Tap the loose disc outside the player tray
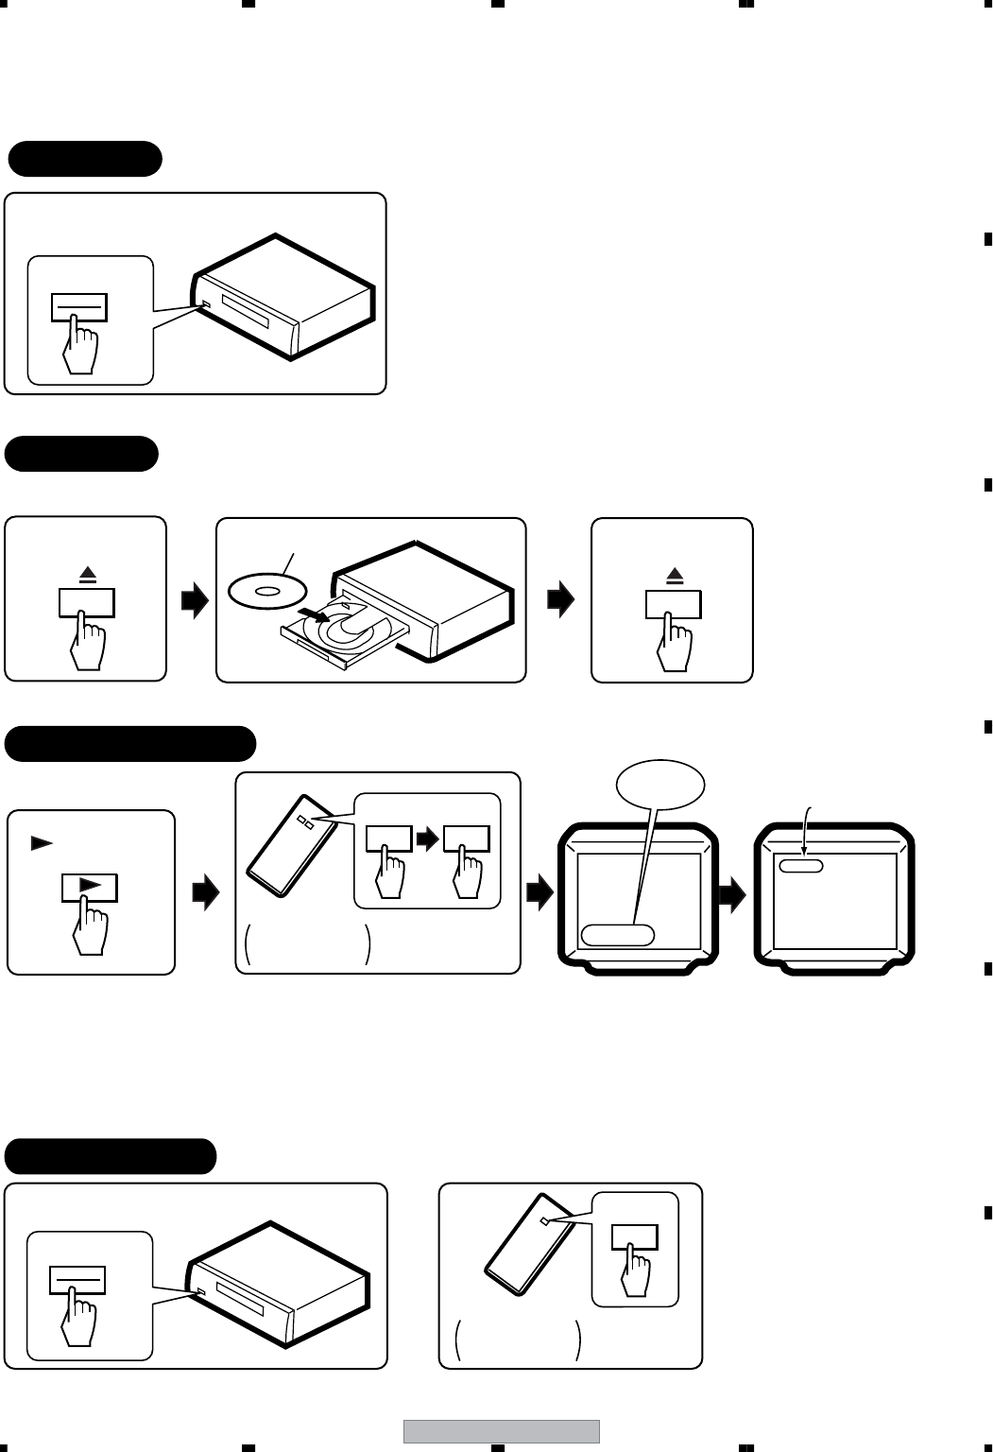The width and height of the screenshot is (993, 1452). [266, 591]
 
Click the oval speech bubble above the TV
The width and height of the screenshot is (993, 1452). [660, 783]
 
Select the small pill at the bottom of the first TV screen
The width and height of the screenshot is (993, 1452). [617, 935]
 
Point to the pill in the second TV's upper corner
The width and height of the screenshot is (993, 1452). [801, 865]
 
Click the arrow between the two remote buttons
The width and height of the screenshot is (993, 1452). [429, 837]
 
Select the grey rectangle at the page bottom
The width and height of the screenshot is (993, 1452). [502, 1431]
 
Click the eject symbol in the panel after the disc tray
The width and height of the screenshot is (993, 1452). [674, 575]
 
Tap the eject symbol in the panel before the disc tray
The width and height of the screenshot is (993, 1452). [88, 575]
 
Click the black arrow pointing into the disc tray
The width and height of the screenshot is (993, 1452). [319, 618]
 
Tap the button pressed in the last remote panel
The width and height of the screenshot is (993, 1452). [634, 1237]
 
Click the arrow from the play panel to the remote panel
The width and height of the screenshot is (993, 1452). [205, 893]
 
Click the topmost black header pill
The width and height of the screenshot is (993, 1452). [85, 159]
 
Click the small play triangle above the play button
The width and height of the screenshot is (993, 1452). [41, 843]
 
